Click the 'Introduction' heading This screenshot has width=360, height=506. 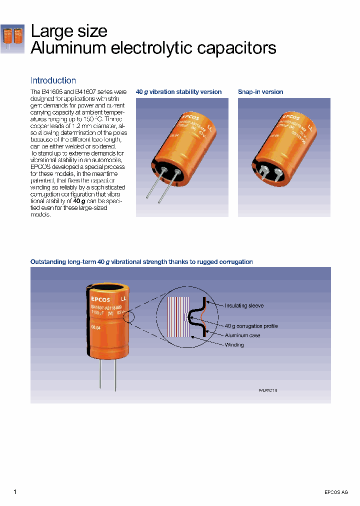click(53, 80)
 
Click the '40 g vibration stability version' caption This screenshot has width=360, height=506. click(178, 92)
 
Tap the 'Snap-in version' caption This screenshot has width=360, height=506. click(260, 92)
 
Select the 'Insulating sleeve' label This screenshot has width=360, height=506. click(244, 305)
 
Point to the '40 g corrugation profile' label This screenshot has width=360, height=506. click(251, 326)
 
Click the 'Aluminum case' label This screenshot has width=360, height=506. click(242, 335)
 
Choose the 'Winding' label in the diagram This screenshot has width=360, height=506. click(234, 345)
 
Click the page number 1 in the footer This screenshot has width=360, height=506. click(15, 492)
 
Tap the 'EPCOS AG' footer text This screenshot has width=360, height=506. click(336, 492)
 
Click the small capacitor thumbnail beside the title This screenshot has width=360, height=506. click(12, 38)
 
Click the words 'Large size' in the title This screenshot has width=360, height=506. click(69, 31)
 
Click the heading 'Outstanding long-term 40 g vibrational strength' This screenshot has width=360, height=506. click(141, 262)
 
